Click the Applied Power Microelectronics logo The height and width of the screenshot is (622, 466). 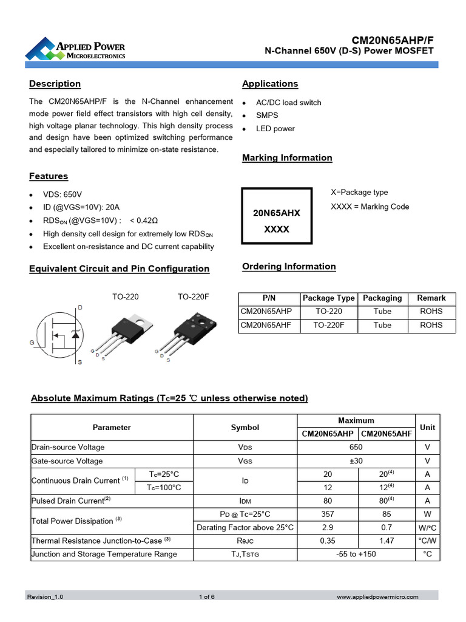(75, 49)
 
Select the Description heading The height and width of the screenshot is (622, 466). (55, 84)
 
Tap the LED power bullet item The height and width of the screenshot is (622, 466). (275, 129)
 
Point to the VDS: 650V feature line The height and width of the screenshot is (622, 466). (62, 194)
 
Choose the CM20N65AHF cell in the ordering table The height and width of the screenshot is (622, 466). (266, 325)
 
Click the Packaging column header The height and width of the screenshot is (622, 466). (382, 298)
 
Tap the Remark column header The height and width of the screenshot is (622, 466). (431, 298)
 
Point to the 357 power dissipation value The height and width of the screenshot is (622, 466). (328, 514)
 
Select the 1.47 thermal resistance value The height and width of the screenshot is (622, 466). (387, 540)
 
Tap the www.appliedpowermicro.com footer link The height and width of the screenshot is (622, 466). (377, 597)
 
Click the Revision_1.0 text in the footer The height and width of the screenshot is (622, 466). (45, 597)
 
